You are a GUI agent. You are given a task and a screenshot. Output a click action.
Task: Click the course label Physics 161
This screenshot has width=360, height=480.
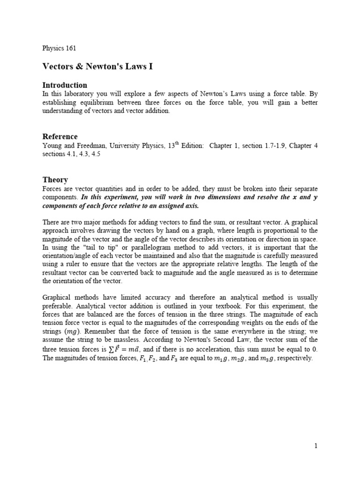(x=59, y=48)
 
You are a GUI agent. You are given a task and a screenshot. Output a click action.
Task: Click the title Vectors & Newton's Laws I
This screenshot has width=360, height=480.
(x=97, y=67)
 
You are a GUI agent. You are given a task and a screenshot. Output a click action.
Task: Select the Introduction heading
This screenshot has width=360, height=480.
(x=65, y=85)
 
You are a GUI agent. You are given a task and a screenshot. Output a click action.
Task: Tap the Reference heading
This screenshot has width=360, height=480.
(x=60, y=136)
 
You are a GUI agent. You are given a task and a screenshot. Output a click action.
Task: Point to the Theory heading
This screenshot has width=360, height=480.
(x=55, y=180)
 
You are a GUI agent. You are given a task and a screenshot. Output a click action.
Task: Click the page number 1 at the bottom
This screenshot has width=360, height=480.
(x=316, y=446)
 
